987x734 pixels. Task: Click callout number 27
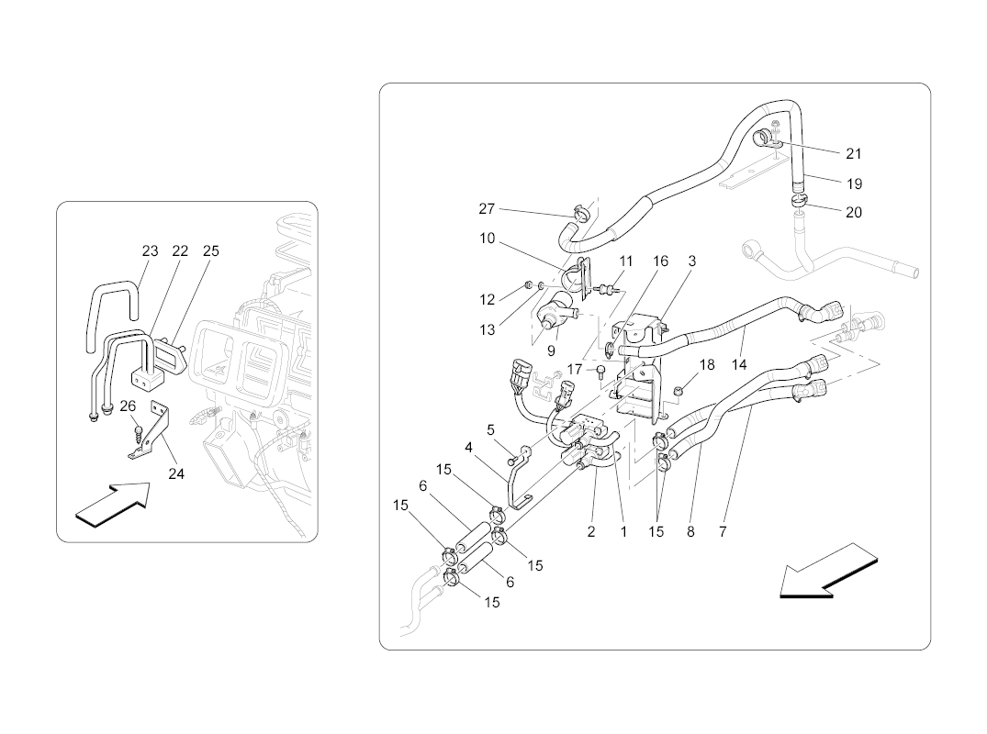point(487,209)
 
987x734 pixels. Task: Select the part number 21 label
point(854,154)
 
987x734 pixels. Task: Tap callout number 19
point(854,183)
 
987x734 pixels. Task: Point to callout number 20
point(854,212)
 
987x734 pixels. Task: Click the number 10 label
point(487,239)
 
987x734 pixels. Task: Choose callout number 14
point(740,364)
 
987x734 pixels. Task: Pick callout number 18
point(706,364)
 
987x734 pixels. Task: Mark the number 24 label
point(176,474)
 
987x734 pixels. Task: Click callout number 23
point(150,250)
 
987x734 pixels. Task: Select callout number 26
point(128,406)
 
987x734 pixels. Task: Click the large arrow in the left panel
point(111,505)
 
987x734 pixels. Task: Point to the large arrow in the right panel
point(822,570)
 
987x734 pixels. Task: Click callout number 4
point(468,448)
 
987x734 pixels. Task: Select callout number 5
point(491,428)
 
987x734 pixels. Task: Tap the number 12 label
point(488,299)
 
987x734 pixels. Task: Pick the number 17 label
point(575,369)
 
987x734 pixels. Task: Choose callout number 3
point(691,261)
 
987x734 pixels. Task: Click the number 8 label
point(690,531)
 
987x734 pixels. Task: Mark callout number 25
point(211,250)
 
